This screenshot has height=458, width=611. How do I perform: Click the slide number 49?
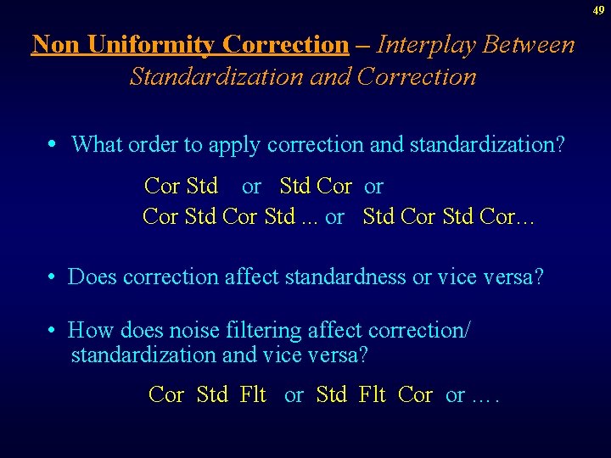pyautogui.click(x=599, y=10)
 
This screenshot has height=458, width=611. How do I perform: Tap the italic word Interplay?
pyautogui.click(x=426, y=44)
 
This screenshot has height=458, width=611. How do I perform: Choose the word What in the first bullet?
pyautogui.click(x=98, y=144)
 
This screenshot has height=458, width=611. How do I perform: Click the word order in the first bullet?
pyautogui.click(x=151, y=144)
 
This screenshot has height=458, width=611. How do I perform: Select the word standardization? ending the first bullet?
pyautogui.click(x=486, y=144)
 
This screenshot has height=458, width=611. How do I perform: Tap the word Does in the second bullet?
pyautogui.click(x=92, y=276)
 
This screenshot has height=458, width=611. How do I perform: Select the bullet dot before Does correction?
pyautogui.click(x=53, y=277)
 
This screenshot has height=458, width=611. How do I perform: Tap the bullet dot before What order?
pyautogui.click(x=53, y=145)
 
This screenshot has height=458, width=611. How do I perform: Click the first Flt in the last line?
pyautogui.click(x=254, y=394)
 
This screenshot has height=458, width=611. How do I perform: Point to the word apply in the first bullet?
pyautogui.click(x=233, y=145)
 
